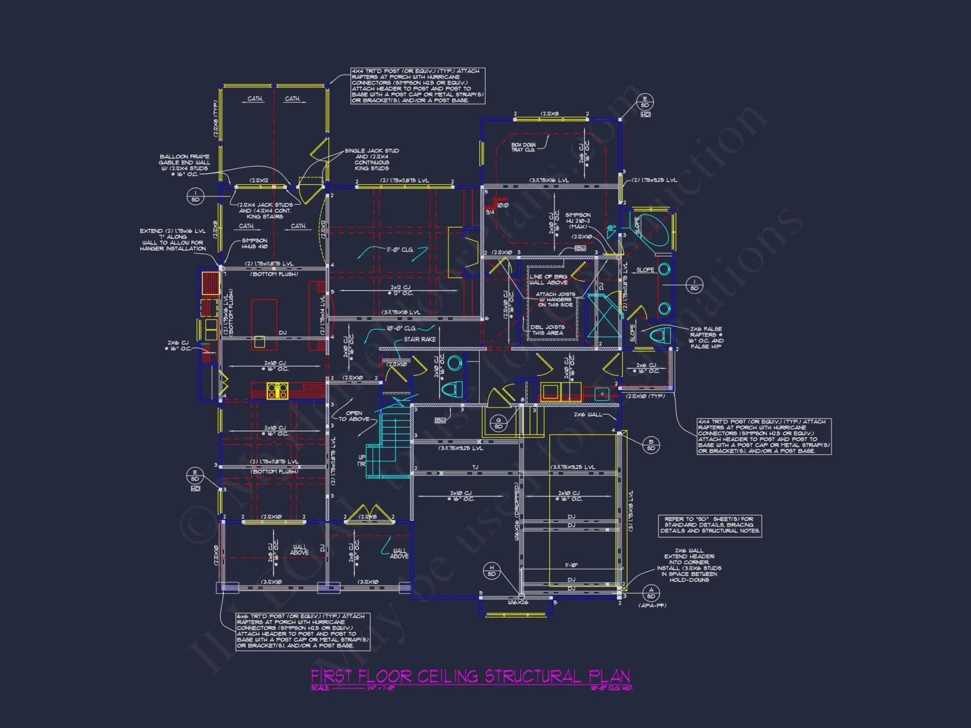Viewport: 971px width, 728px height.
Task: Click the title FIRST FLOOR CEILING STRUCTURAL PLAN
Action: click(x=470, y=676)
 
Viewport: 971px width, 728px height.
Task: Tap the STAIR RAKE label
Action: click(x=419, y=339)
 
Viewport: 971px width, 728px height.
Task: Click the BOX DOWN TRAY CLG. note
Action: click(x=523, y=148)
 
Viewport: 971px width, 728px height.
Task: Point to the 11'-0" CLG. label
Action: click(x=400, y=249)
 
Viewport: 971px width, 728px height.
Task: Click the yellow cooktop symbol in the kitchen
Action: click(x=277, y=391)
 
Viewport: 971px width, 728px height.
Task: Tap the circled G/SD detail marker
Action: click(x=498, y=423)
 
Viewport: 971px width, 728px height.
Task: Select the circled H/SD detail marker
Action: click(x=491, y=571)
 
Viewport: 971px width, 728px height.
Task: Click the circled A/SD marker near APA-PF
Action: click(x=651, y=593)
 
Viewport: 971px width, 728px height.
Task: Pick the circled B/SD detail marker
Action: click(x=651, y=445)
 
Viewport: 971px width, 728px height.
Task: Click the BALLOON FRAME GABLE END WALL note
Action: click(x=184, y=165)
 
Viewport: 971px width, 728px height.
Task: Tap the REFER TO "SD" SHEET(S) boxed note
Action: click(x=709, y=525)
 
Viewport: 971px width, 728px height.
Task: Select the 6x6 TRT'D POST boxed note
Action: click(x=302, y=631)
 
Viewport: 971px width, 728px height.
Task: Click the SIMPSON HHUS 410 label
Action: click(x=254, y=243)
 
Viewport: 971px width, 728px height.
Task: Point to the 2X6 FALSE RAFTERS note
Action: click(x=706, y=337)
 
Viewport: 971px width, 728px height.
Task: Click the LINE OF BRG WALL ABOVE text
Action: click(x=548, y=279)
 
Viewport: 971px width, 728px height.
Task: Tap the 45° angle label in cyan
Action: click(x=611, y=228)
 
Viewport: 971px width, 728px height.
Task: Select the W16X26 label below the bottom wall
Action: click(x=518, y=602)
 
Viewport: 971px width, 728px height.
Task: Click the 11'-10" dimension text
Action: click(x=571, y=565)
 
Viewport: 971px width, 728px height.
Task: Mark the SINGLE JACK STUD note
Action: click(x=372, y=159)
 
